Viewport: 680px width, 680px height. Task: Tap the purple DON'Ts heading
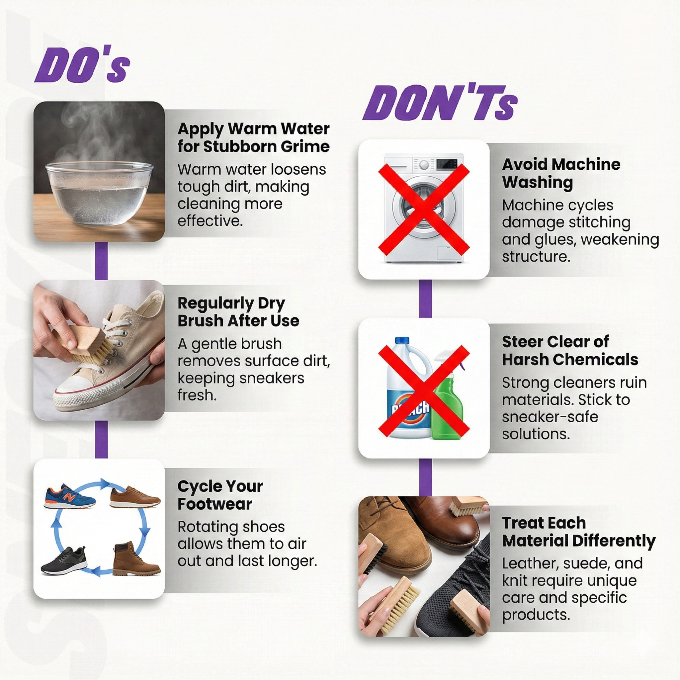(440, 102)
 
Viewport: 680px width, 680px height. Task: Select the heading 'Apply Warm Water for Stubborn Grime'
(253, 137)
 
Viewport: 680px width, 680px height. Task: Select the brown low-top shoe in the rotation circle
(135, 497)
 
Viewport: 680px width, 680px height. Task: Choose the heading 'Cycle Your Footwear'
(220, 495)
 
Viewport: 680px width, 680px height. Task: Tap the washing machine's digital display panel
(447, 164)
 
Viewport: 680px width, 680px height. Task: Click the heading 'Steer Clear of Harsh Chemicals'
(570, 351)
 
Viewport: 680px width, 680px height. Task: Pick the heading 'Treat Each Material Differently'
(579, 532)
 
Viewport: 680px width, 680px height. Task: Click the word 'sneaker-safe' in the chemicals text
(550, 417)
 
